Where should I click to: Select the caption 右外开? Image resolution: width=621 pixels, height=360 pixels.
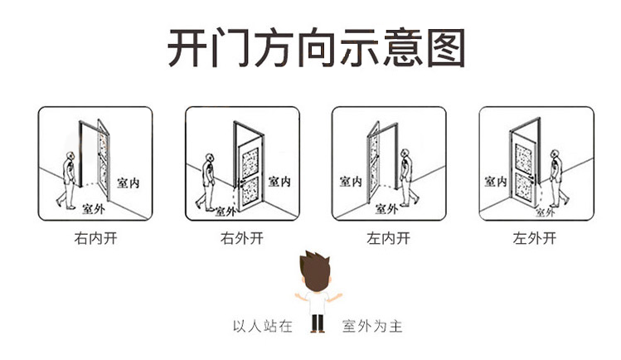coord(240,239)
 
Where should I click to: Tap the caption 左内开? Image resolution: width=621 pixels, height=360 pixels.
coord(388,239)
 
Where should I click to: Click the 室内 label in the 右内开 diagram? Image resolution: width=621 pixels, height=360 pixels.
coord(128,182)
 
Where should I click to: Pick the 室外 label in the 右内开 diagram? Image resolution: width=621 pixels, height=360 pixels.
coord(94,208)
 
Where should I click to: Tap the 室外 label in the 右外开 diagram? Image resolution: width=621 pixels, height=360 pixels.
coord(226,211)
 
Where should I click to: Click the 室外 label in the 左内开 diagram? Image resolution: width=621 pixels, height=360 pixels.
coord(387,207)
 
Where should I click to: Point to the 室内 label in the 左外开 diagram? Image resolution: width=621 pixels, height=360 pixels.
coord(497,181)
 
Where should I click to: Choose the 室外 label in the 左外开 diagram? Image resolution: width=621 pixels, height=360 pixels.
coord(544,212)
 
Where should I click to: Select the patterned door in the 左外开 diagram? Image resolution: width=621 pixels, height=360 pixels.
coord(525,167)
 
